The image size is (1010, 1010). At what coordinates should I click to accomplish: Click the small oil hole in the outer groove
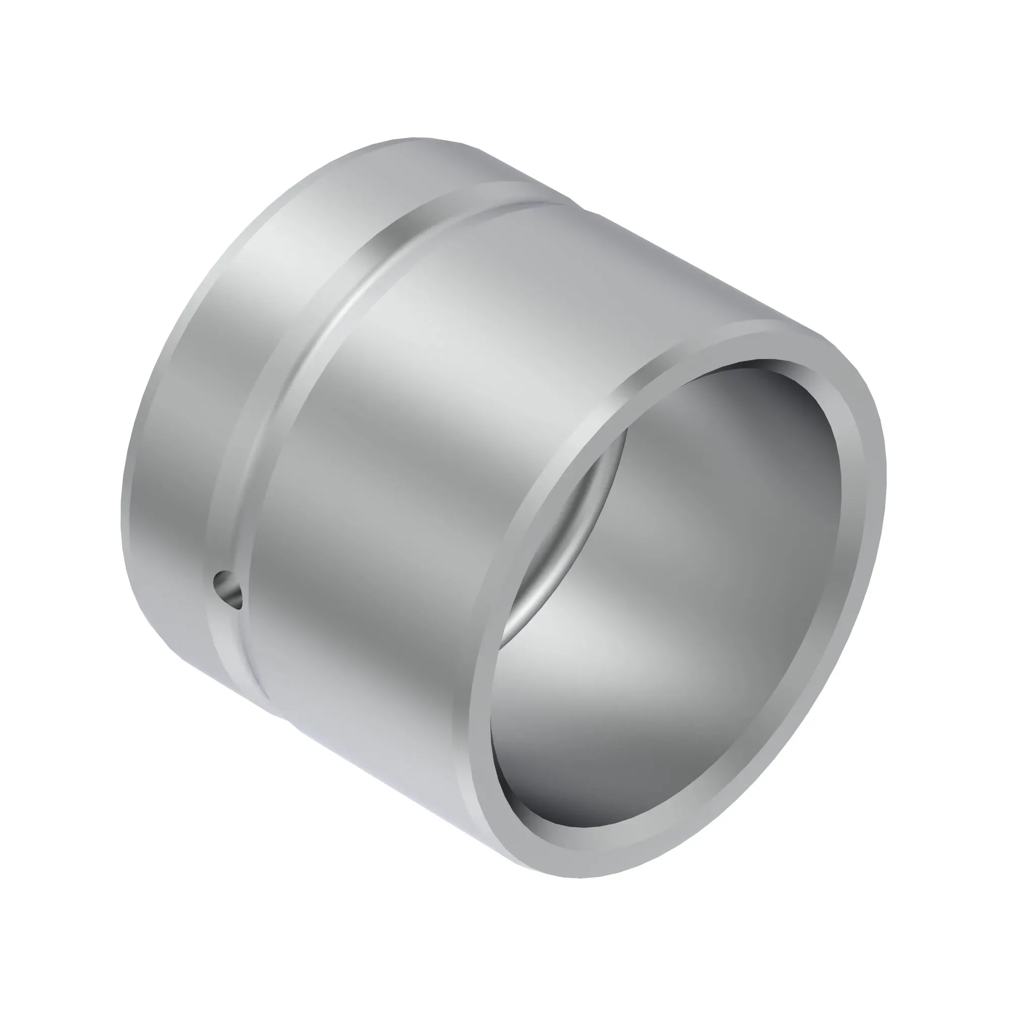(228, 589)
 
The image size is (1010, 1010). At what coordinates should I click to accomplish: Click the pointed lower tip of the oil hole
(238, 608)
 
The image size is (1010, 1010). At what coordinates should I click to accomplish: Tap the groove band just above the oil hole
(235, 523)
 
